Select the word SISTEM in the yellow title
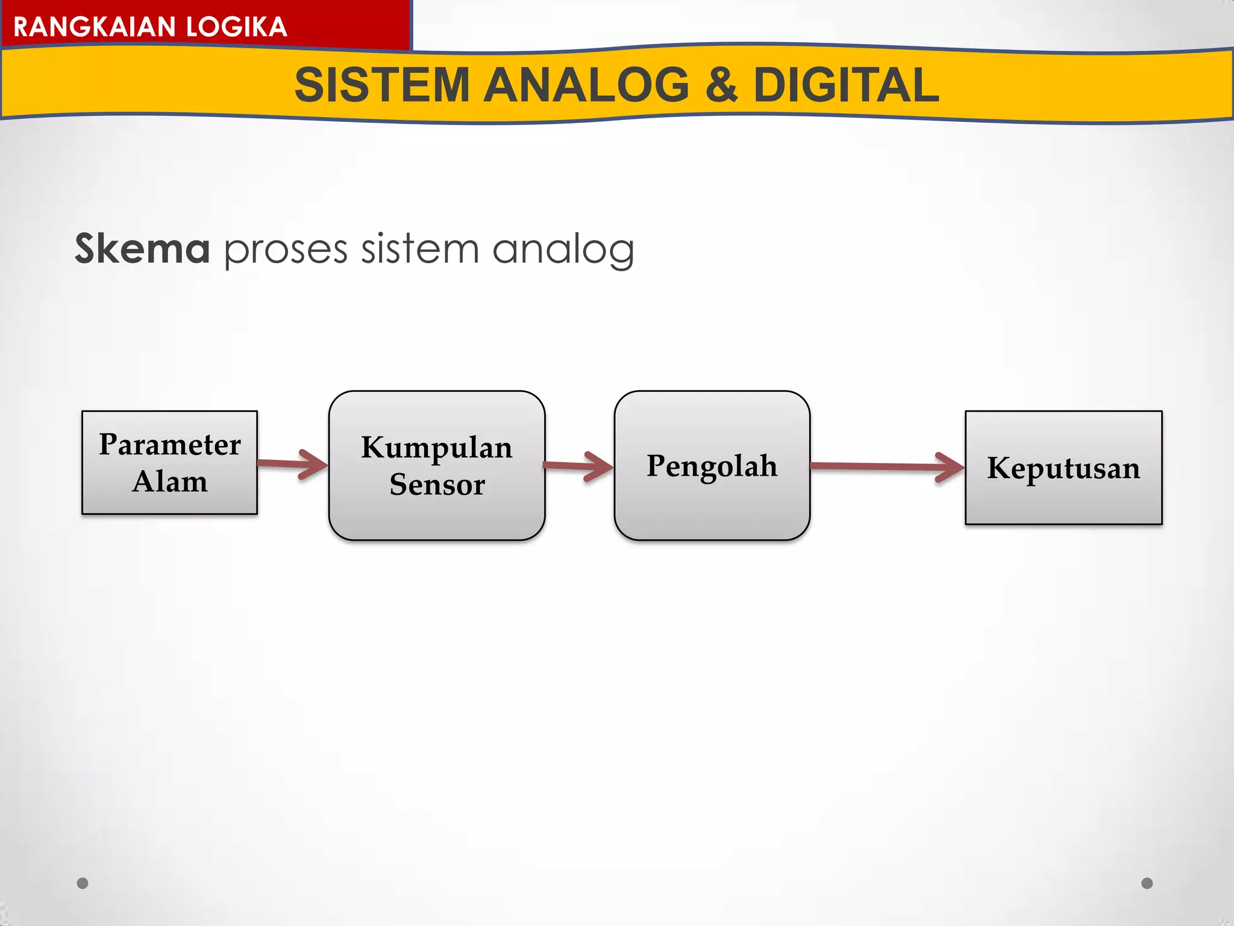point(381,85)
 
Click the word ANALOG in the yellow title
point(586,85)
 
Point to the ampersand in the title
point(721,85)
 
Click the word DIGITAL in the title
point(846,85)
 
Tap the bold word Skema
point(142,248)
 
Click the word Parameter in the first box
point(170,445)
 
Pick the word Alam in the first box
point(170,482)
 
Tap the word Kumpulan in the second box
point(437,448)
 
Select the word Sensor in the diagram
point(437,485)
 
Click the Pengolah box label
point(712,466)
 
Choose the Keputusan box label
point(1063,468)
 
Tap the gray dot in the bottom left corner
point(83,883)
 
